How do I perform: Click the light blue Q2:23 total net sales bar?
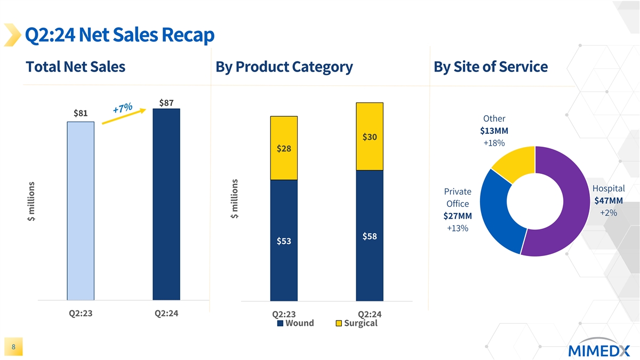tap(81, 211)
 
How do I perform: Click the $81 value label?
tap(81, 113)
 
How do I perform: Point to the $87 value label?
tap(166, 102)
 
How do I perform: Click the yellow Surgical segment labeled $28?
tap(284, 148)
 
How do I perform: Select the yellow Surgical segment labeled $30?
tap(370, 137)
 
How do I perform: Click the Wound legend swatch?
tap(281, 323)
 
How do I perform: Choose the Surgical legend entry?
tap(356, 323)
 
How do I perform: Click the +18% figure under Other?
tap(494, 143)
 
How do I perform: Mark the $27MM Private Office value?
tap(457, 216)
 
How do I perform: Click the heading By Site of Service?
tap(490, 67)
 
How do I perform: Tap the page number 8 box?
tap(13, 347)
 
